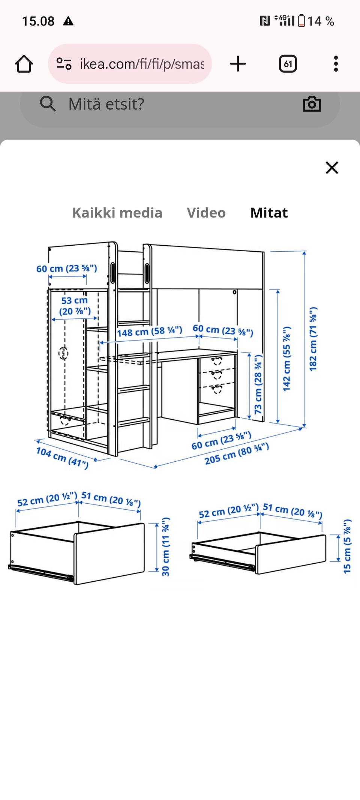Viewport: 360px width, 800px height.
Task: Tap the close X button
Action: pyautogui.click(x=332, y=168)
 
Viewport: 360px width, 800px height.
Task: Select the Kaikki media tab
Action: pyautogui.click(x=117, y=213)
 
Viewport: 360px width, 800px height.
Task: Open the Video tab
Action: pyautogui.click(x=206, y=213)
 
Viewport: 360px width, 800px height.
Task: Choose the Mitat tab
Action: pyautogui.click(x=269, y=213)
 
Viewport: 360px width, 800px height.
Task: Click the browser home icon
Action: pyautogui.click(x=24, y=64)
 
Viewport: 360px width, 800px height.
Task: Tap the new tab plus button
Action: pyautogui.click(x=238, y=64)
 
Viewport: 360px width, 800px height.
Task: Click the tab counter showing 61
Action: pyautogui.click(x=288, y=64)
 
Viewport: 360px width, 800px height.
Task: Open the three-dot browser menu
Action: pyautogui.click(x=336, y=64)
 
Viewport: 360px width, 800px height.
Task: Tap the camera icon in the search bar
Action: pyautogui.click(x=312, y=104)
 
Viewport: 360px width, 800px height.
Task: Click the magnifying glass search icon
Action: pyautogui.click(x=48, y=104)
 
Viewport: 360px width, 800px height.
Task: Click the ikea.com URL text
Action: pyautogui.click(x=142, y=64)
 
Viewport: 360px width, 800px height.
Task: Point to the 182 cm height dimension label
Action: pyautogui.click(x=313, y=339)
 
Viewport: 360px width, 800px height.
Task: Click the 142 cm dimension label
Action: pyautogui.click(x=287, y=359)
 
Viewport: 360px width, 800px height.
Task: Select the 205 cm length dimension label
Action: pyautogui.click(x=237, y=453)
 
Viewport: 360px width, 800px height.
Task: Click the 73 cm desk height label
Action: pyautogui.click(x=258, y=384)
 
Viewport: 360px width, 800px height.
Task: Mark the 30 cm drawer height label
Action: pyautogui.click(x=165, y=546)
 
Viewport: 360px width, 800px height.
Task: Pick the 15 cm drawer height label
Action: pyautogui.click(x=347, y=546)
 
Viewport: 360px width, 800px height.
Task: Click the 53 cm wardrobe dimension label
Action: pyautogui.click(x=75, y=306)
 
